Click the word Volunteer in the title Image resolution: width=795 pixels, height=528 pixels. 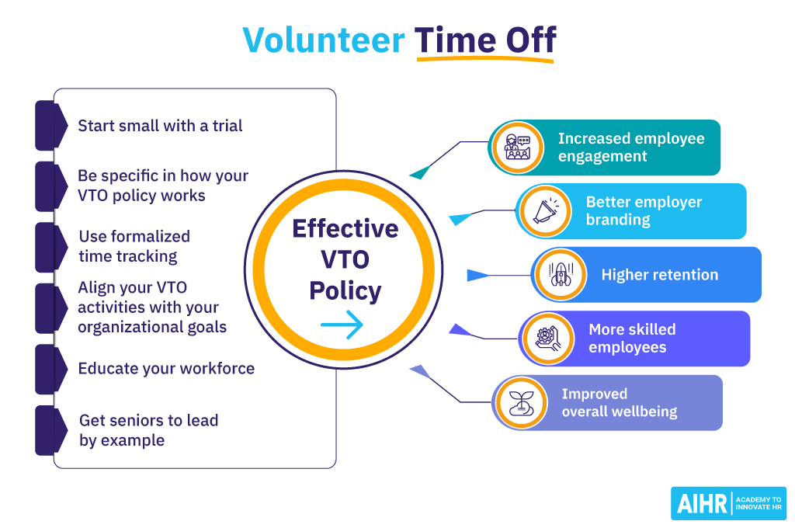tap(324, 40)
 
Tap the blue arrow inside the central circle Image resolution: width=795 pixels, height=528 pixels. tap(342, 325)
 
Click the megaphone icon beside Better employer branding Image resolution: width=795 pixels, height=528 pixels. tap(546, 211)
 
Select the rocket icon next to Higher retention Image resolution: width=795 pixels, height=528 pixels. tap(561, 275)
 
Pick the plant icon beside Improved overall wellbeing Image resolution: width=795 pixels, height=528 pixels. tap(521, 403)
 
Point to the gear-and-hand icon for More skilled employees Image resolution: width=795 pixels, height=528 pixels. tap(547, 339)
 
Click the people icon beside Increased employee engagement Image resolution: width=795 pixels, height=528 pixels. tap(517, 148)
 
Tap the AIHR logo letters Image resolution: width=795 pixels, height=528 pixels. tap(702, 504)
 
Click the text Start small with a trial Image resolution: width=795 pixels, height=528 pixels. tap(160, 126)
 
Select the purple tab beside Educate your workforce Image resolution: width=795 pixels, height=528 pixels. tap(50, 370)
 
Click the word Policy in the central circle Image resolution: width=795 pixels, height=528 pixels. tap(345, 291)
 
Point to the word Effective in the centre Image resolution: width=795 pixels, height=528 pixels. tap(345, 229)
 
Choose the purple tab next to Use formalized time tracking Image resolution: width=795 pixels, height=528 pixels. tap(50, 247)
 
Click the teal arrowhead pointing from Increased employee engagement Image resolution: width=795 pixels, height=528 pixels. tap(420, 172)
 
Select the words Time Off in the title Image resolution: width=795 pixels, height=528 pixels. tap(485, 40)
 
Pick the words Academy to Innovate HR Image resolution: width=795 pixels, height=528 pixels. tap(759, 504)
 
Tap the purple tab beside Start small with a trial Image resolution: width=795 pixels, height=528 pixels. tap(50, 125)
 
